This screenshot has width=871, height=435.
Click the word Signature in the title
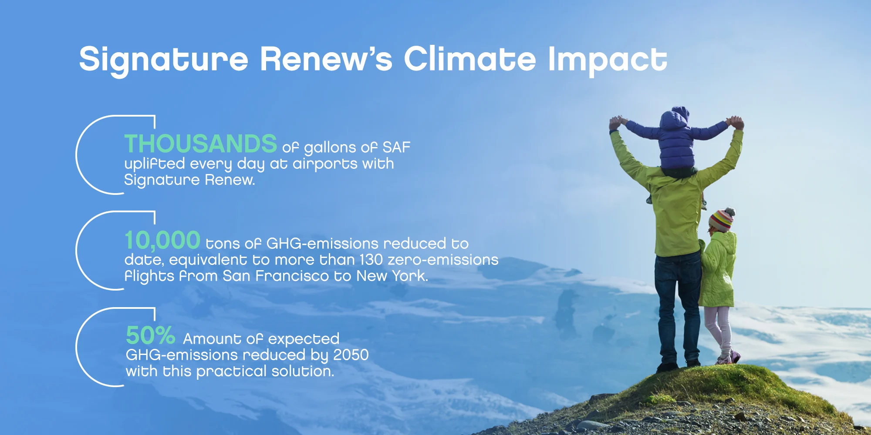pyautogui.click(x=163, y=60)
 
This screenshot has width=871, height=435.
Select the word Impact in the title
pyautogui.click(x=608, y=60)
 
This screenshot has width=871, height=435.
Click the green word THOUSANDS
pyautogui.click(x=201, y=144)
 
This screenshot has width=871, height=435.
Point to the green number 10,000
pyautogui.click(x=162, y=241)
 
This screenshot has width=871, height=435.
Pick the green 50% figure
pyautogui.click(x=151, y=336)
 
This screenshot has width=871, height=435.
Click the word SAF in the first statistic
pyautogui.click(x=396, y=147)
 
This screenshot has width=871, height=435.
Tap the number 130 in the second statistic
pyautogui.click(x=371, y=260)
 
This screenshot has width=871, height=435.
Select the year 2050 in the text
pyautogui.click(x=351, y=355)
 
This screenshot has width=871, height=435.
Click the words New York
pyautogui.click(x=392, y=276)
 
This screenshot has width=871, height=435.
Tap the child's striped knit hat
pyautogui.click(x=722, y=220)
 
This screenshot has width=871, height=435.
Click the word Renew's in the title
pyautogui.click(x=326, y=60)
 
